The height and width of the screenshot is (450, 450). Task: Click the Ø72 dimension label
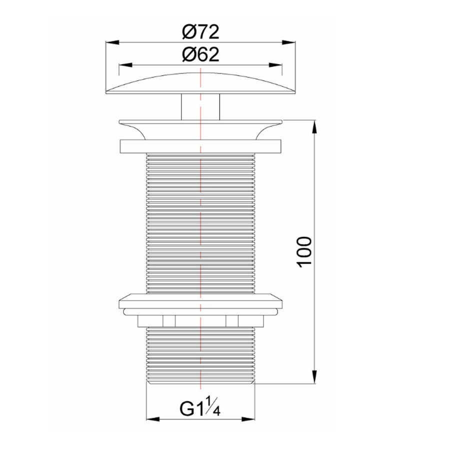pyautogui.click(x=200, y=33)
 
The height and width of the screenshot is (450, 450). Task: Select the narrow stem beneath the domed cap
pyautogui.click(x=200, y=105)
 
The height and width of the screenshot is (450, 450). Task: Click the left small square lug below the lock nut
pyautogui.click(x=168, y=320)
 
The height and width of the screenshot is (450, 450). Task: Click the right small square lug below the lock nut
pyautogui.click(x=232, y=320)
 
